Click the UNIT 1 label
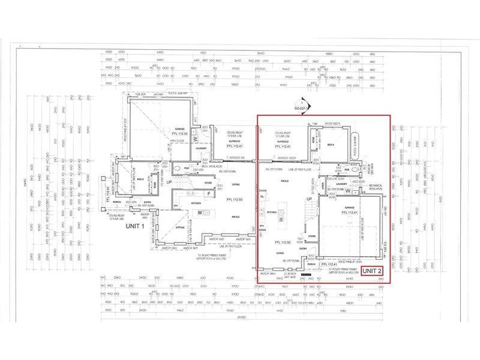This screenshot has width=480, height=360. click(134, 226)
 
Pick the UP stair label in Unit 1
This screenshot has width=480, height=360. click(169, 182)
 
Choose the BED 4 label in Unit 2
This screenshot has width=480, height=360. click(331, 145)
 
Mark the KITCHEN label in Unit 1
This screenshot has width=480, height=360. click(196, 203)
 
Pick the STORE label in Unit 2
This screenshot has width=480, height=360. click(312, 236)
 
